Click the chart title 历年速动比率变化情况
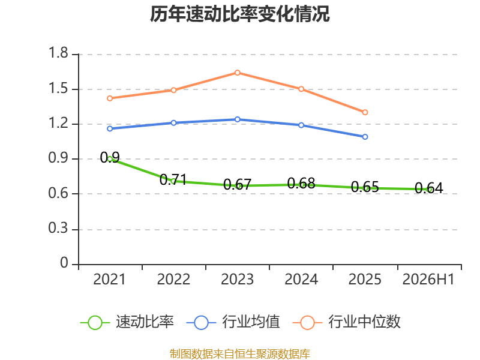pos(239,14)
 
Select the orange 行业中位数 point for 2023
pos(237,73)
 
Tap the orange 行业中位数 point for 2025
pos(365,112)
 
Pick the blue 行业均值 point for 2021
pos(110,128)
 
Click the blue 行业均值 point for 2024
pos(301,125)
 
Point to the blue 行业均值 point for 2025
pos(365,137)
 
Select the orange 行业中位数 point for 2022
pos(173,90)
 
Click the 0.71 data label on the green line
pos(173,179)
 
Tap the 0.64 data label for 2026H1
pos(428,188)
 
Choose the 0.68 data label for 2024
pos(301,183)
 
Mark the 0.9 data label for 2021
pos(110,157)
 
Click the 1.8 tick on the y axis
pos(58,53)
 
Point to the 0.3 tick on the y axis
pos(58,228)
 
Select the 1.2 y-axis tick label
pos(58,123)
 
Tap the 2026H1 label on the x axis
pos(428,279)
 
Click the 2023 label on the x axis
pos(237,279)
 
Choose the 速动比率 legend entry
pos(127,322)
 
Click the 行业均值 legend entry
pos(233,322)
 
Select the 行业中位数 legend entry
pos(347,322)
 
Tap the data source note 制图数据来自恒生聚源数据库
pos(240,354)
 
